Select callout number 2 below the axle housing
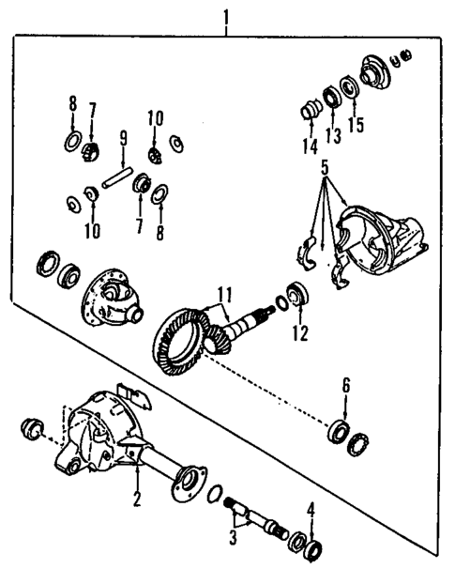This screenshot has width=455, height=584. click(x=136, y=499)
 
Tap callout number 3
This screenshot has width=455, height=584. click(x=234, y=539)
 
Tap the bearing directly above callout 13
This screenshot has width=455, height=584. click(x=331, y=97)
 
